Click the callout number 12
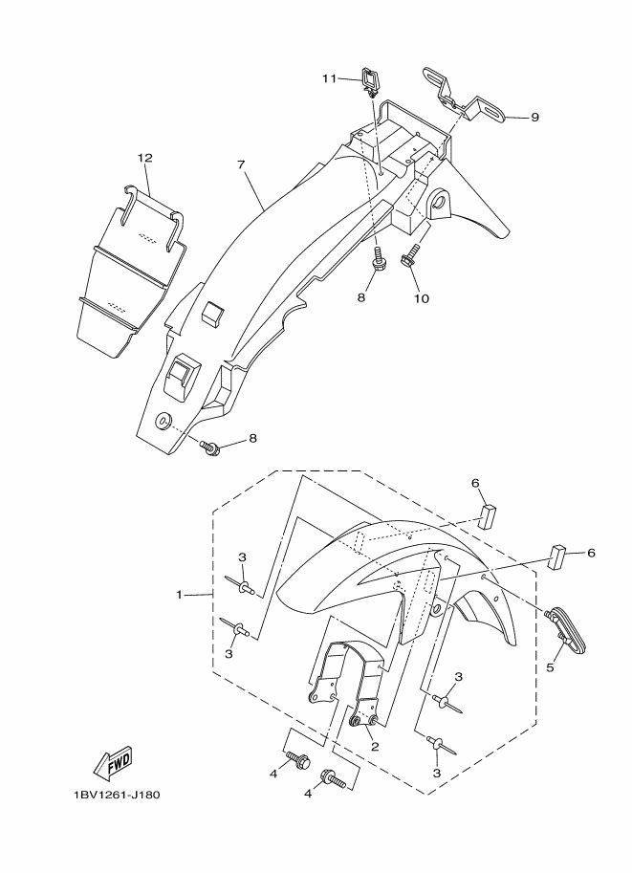point(144,157)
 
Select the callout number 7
point(242,164)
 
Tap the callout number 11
point(330,78)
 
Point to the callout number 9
point(534,117)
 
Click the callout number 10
point(421,298)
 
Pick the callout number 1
point(179,595)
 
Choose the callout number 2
point(375,747)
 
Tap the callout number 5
point(550,667)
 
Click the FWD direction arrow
point(113,763)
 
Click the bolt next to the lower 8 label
point(211,445)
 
